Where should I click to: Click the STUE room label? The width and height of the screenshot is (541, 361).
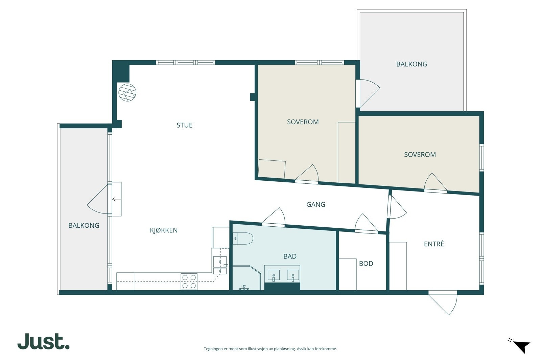pos(185,125)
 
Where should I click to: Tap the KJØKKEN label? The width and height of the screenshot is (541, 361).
pos(164,230)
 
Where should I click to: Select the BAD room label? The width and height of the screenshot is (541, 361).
pos(290,256)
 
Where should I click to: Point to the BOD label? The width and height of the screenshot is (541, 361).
pos(366,263)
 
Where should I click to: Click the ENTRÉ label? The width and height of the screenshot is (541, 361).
pos(434,244)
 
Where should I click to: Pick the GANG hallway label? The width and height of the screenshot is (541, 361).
pos(316,204)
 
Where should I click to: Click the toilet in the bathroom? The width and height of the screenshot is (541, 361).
pos(243,239)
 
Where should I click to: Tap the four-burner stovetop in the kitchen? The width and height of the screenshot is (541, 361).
pos(189,281)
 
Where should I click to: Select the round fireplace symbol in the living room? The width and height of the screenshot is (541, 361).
pos(127,92)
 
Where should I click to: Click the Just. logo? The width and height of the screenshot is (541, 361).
pos(44,341)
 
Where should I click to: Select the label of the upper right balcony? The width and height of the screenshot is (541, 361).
pos(412,64)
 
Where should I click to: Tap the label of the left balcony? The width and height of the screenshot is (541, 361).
pos(84,225)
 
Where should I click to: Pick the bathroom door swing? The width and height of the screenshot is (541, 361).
pos(274,217)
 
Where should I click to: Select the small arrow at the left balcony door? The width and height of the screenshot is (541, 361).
pos(114,199)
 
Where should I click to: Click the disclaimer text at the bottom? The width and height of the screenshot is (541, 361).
pos(270,349)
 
